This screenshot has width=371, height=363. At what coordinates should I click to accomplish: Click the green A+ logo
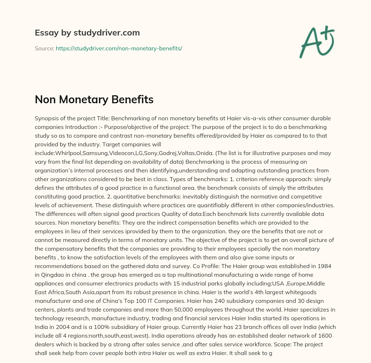click(x=316, y=42)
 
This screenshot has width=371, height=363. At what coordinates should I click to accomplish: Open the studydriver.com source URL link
click(x=119, y=48)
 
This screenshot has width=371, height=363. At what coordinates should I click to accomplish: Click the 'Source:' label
click(x=44, y=48)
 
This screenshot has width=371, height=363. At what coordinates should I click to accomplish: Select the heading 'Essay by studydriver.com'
click(x=87, y=33)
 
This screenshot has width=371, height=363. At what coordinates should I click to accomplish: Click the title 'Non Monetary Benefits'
click(x=94, y=100)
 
